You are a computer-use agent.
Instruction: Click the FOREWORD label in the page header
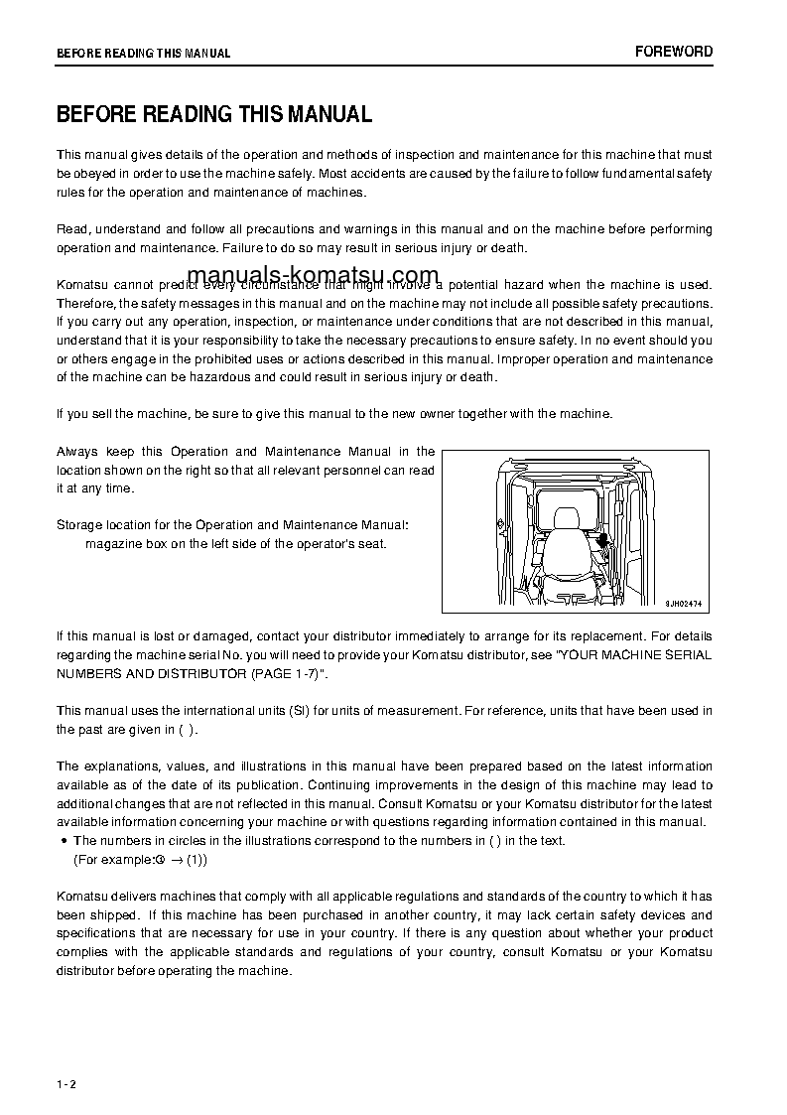pos(674,52)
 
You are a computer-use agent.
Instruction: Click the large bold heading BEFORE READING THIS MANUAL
pos(214,114)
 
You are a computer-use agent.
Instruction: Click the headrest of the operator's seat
pos(567,519)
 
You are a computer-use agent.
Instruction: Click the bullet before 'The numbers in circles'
pos(65,841)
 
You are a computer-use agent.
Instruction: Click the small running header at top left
pos(143,54)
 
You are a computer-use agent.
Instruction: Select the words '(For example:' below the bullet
pos(112,860)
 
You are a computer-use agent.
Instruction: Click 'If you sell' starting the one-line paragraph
pos(87,414)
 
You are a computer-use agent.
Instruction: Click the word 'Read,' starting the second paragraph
pos(73,229)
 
